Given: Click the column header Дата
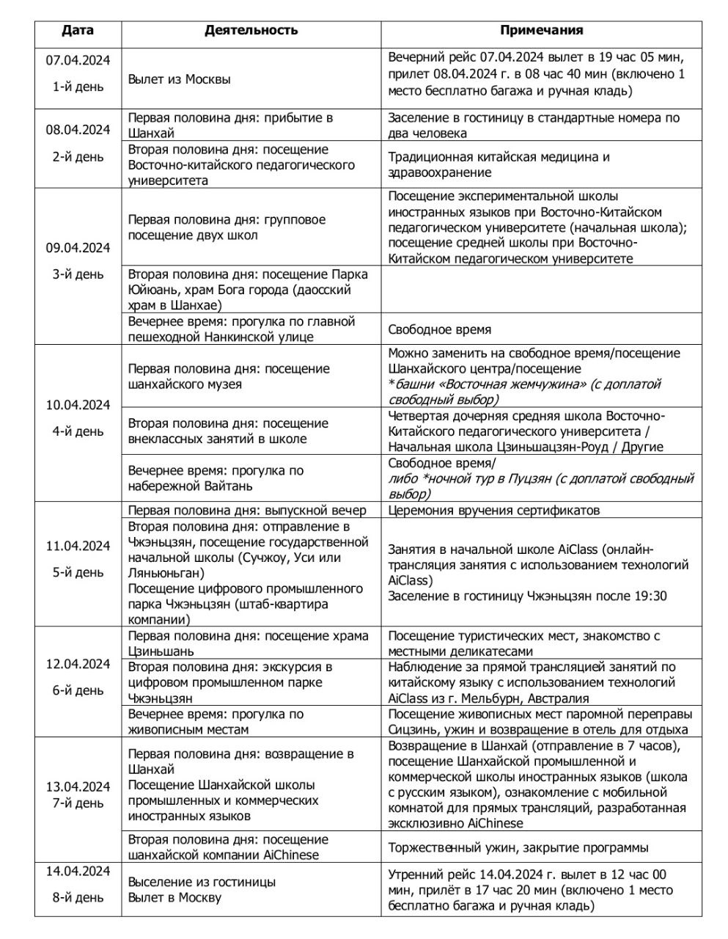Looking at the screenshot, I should click(x=77, y=30).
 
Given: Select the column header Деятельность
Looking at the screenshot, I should click(x=251, y=30).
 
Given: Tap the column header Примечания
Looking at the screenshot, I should click(x=541, y=30).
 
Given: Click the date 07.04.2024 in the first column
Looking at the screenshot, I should click(x=77, y=60).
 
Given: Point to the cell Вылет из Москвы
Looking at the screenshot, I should click(x=179, y=79).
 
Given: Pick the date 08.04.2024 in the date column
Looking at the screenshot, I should click(x=77, y=130).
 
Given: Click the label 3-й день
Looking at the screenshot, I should click(x=77, y=274).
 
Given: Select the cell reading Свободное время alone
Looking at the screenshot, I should click(x=439, y=329).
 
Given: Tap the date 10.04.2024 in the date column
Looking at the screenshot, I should click(x=77, y=405).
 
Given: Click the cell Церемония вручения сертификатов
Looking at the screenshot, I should click(x=493, y=511).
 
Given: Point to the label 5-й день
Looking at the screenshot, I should click(x=77, y=572).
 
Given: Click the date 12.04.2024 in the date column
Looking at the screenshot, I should click(x=77, y=664).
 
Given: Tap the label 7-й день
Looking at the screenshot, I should click(x=77, y=803).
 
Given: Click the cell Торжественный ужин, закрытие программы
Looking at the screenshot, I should click(x=518, y=847).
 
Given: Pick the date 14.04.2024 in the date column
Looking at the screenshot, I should click(x=77, y=871).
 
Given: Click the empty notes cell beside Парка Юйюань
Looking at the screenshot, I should click(x=541, y=290).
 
